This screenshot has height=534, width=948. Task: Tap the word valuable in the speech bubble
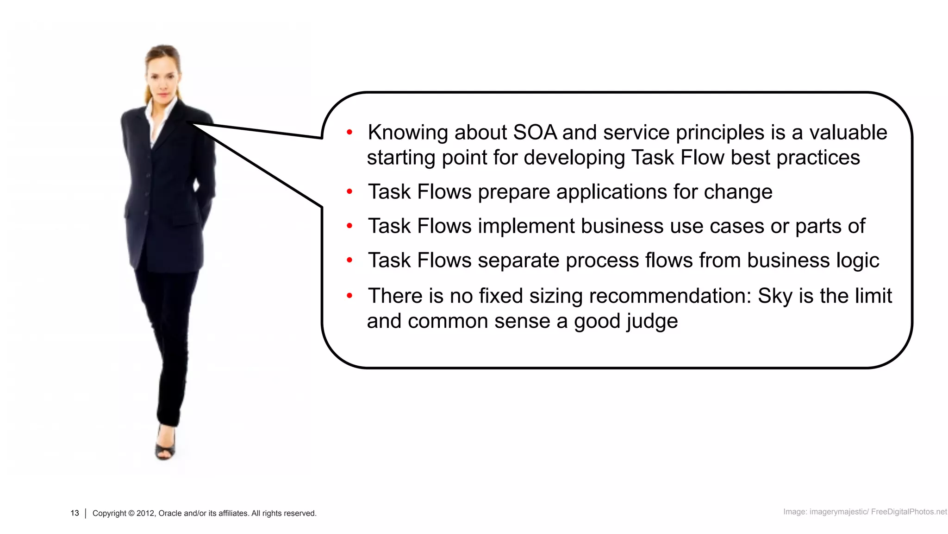pos(848,133)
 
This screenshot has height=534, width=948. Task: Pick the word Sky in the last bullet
pos(775,296)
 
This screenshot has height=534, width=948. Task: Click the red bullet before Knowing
pos(349,133)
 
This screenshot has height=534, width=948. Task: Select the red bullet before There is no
pos(349,295)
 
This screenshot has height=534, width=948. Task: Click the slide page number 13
pos(75,513)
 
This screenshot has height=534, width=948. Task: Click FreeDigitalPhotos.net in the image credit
pos(909,512)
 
